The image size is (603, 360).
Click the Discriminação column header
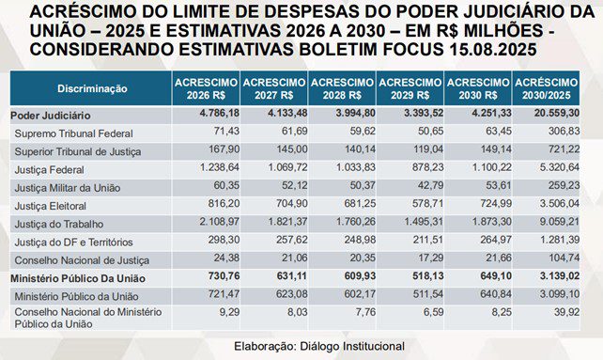(x=92, y=88)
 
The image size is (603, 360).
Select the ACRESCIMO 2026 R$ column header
(x=206, y=88)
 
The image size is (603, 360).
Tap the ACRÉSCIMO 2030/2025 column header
(x=546, y=88)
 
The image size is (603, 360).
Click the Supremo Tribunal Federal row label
(x=74, y=133)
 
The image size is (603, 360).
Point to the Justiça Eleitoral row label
(x=51, y=206)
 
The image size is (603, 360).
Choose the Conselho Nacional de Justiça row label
(x=82, y=260)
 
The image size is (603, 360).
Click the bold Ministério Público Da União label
(x=78, y=278)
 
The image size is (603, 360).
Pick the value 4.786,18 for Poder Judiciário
(x=220, y=113)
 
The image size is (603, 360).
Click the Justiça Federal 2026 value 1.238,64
(x=220, y=167)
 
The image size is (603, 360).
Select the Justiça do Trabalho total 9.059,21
(x=560, y=222)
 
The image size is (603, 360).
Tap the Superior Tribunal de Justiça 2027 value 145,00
(x=292, y=149)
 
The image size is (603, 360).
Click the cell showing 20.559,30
(x=557, y=113)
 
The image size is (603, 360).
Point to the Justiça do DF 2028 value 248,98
(x=360, y=240)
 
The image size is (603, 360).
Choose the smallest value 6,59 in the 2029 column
(x=433, y=312)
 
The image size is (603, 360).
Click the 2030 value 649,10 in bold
(x=496, y=276)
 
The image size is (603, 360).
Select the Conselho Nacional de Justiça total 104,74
(x=564, y=258)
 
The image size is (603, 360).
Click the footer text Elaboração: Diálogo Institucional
(x=319, y=346)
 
